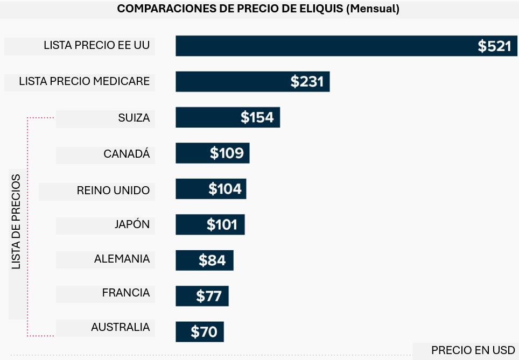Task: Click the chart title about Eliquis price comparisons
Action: tap(258, 9)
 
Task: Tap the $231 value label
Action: tap(307, 82)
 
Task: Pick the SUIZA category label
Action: tap(134, 118)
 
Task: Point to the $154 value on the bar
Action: tap(257, 117)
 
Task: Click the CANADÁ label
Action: tap(127, 154)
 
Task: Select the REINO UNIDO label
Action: tap(113, 190)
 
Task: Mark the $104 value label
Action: tap(225, 189)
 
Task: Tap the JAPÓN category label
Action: tap(132, 224)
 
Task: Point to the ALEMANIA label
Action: tap(122, 259)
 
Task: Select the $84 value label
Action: tap(212, 260)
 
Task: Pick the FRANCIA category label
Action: tap(126, 293)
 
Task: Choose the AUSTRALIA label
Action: tap(120, 327)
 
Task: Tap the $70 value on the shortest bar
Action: tap(204, 332)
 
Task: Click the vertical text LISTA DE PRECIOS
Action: tap(17, 222)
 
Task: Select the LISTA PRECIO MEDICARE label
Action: tap(84, 82)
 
